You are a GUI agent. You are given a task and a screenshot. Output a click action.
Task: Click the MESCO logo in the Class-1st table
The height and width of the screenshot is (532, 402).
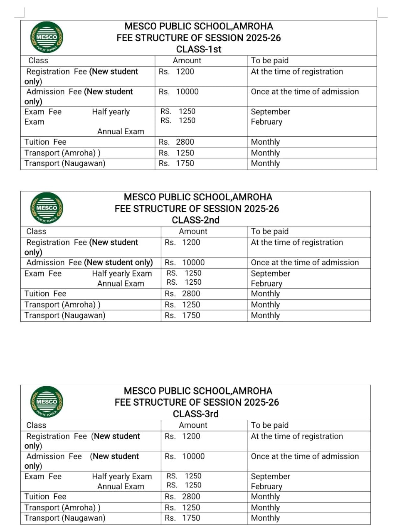coord(47,37)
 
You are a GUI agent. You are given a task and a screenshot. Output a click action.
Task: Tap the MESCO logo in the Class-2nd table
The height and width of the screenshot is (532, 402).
coord(47,208)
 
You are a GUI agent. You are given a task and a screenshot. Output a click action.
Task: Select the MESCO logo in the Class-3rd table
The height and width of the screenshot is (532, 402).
coord(47,402)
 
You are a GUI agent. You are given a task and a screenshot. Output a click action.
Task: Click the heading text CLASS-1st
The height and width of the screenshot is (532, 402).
coord(199,49)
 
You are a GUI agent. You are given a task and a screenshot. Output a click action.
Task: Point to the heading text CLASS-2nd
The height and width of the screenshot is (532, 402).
coord(195,220)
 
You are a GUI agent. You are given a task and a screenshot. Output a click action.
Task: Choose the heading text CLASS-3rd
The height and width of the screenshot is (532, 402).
coord(195,414)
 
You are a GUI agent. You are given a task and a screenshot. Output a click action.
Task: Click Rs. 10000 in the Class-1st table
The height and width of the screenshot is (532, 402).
coord(179,92)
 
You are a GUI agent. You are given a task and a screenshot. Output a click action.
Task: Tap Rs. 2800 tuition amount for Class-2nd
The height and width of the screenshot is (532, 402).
coord(183,294)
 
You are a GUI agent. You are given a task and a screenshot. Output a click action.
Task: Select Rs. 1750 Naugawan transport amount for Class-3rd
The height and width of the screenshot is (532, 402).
coord(183,518)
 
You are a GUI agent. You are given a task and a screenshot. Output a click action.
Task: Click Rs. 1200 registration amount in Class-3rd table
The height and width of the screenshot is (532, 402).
coord(183,436)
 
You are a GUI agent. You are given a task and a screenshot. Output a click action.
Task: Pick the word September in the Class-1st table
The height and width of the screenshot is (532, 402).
coord(271,112)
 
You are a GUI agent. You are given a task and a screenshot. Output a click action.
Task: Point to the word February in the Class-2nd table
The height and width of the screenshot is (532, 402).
coord(266,283)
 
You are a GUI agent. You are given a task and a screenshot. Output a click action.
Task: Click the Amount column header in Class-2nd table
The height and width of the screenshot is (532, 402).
coord(193,232)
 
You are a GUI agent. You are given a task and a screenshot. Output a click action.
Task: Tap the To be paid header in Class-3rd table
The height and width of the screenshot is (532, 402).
coord(270,425)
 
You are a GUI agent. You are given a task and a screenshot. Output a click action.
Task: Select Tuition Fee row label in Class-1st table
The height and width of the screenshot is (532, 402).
coord(45,142)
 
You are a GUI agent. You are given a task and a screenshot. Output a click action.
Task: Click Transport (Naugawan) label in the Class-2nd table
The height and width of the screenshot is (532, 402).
coord(65,315)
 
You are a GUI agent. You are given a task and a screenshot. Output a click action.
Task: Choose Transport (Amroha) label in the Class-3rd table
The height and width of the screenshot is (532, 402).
coord(62,507)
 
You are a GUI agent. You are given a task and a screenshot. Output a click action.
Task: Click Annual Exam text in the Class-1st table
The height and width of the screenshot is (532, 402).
coord(121,132)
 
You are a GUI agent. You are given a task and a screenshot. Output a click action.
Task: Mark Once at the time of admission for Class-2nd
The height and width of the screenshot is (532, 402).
coord(305,263)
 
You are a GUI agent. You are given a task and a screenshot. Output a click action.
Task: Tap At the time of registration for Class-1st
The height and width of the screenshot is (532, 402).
coord(297,71)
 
